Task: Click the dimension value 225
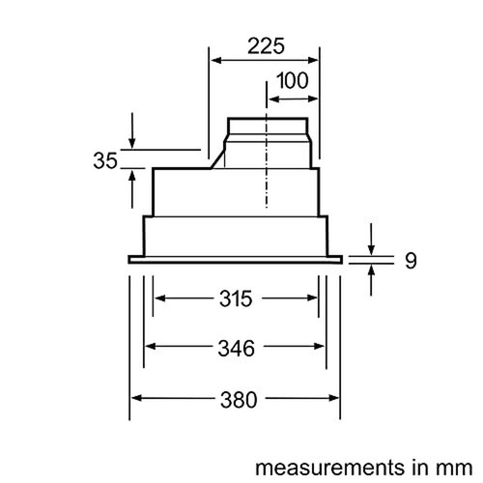pos(264,45)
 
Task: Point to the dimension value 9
pos(410,259)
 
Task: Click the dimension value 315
pos(236,298)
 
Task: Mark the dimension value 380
pos(236,399)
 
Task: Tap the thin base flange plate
pos(236,259)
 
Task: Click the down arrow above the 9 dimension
pos(373,244)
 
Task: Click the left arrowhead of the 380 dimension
pos(136,397)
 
